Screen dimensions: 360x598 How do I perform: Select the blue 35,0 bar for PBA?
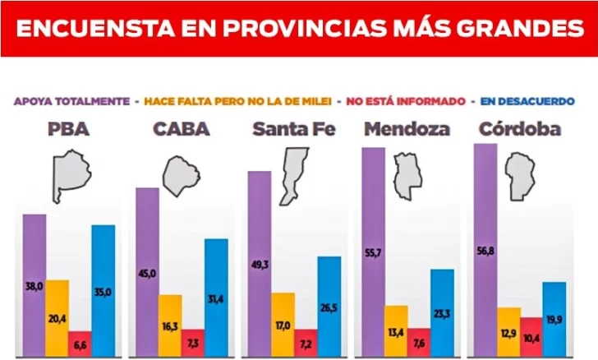point(103,291)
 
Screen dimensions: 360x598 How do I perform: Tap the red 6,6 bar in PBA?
point(79,344)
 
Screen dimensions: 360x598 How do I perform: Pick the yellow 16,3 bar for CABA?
point(170,325)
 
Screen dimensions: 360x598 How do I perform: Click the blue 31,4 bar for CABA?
point(216,298)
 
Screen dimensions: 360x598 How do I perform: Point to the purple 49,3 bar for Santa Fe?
point(259,264)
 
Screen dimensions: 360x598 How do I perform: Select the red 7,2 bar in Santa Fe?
point(306,343)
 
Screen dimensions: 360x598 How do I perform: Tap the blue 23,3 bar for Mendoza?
point(442,313)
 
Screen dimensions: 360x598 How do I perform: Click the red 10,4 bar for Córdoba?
point(531,338)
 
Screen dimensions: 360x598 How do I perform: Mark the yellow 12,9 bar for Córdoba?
point(508,333)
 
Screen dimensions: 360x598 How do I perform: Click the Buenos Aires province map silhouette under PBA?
point(69,178)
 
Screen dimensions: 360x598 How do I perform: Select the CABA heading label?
point(181,129)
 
